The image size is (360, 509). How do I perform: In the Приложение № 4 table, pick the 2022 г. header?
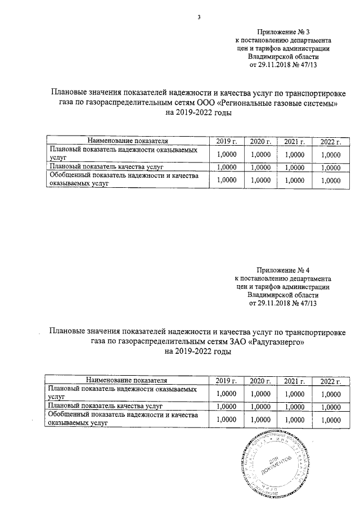click(331, 381)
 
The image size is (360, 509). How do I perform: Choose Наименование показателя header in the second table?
click(128, 381)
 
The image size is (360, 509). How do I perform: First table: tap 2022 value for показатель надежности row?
click(331, 154)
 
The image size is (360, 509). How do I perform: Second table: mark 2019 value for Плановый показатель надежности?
click(226, 394)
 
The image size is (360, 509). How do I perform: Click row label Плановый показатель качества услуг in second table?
click(106, 405)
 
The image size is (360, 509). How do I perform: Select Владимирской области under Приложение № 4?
click(283, 294)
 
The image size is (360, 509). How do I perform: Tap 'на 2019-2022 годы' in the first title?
click(197, 113)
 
